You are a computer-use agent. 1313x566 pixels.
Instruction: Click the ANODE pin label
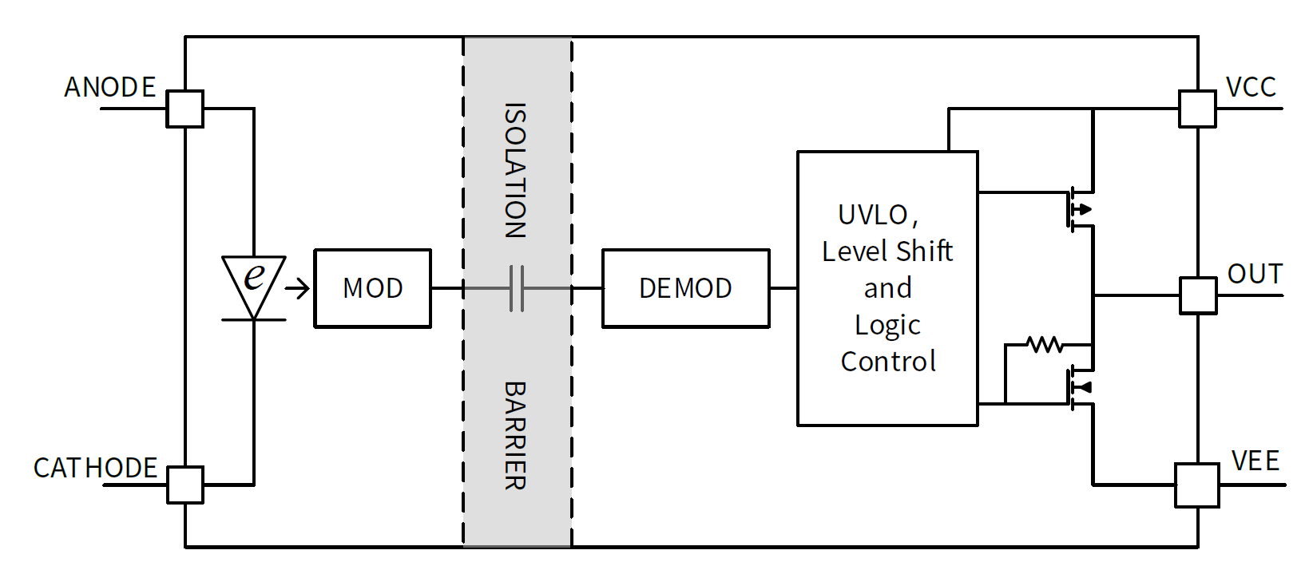pyautogui.click(x=109, y=87)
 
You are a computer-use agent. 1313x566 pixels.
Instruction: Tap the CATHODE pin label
pyautogui.click(x=95, y=468)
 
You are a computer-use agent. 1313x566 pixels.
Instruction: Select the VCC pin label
pyautogui.click(x=1251, y=87)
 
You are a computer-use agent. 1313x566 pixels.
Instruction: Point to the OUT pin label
pyautogui.click(x=1255, y=274)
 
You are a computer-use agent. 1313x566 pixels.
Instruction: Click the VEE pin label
pyautogui.click(x=1255, y=461)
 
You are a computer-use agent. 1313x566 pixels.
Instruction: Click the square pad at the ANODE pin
pyautogui.click(x=184, y=109)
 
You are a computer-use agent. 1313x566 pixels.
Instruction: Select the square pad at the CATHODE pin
pyautogui.click(x=184, y=485)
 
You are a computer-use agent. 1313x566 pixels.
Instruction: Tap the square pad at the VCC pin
pyautogui.click(x=1197, y=109)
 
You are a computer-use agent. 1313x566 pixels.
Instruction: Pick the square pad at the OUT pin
pyautogui.click(x=1198, y=295)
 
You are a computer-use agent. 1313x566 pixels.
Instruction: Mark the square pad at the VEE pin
pyautogui.click(x=1196, y=485)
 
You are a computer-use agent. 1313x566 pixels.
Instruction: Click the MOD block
pyautogui.click(x=372, y=288)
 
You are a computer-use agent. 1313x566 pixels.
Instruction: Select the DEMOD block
pyautogui.click(x=685, y=288)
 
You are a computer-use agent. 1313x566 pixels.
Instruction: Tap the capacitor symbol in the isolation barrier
pyautogui.click(x=517, y=288)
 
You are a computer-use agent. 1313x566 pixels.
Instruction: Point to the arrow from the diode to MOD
pyautogui.click(x=297, y=288)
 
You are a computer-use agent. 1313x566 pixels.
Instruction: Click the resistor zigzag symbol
pyautogui.click(x=1045, y=345)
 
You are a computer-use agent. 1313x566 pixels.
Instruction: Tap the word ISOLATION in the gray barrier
pyautogui.click(x=515, y=171)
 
